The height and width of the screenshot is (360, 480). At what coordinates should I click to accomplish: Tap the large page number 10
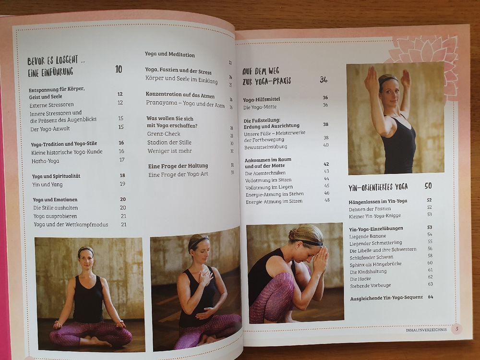pos(119,69)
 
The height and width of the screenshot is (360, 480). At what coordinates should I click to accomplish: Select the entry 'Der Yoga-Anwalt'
pos(50,129)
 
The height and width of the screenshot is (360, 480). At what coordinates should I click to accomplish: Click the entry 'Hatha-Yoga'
pos(45,161)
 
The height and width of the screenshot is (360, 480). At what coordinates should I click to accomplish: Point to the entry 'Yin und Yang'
pos(48,184)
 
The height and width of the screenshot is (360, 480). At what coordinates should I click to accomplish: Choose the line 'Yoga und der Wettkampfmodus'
pos(71,224)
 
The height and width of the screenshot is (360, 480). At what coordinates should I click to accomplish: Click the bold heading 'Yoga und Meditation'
pos(169,55)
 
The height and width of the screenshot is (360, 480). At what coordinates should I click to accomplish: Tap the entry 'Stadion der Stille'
pos(169,143)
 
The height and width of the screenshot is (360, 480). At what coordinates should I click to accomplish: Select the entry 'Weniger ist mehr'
pos(169,151)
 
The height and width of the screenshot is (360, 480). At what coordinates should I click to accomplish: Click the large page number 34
pos(324,80)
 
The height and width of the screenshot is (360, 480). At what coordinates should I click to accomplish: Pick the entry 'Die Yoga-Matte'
pos(260,107)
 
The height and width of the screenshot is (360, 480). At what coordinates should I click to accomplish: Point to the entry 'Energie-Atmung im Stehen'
pos(275,194)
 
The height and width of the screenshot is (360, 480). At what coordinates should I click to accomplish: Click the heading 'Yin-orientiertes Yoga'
pos(378,187)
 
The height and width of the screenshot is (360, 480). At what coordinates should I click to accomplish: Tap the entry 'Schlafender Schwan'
pos(372,257)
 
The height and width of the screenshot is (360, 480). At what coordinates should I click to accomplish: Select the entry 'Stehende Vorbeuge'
pos(371,286)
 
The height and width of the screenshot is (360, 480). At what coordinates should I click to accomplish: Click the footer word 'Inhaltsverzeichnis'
pos(426,330)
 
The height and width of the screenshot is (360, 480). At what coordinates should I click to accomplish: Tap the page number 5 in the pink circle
pos(457,329)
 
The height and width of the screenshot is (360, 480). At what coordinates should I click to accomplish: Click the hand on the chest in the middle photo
pos(205,277)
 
